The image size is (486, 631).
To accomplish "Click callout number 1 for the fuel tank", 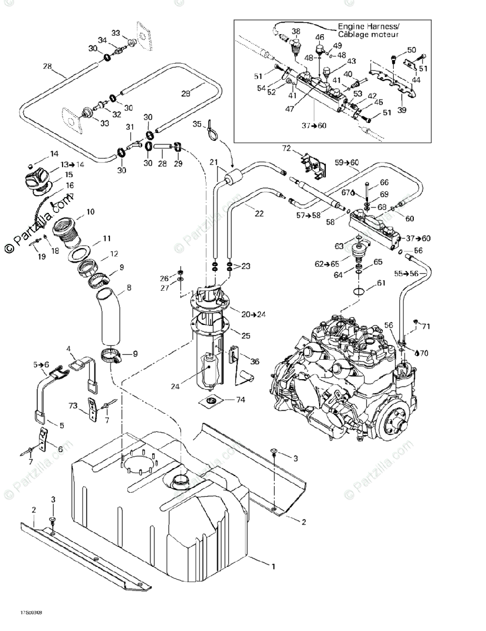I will point(273,566).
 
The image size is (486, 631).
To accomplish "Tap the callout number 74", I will point(241,400).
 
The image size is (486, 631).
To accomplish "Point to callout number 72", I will point(301,149).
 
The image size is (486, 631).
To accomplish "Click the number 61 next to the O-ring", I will point(381,283).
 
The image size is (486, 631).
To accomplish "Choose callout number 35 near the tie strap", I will point(197,124).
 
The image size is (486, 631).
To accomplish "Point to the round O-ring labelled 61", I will point(360,292).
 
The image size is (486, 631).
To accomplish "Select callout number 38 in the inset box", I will point(296,31).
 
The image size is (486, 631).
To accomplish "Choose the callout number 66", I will point(384,182).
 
